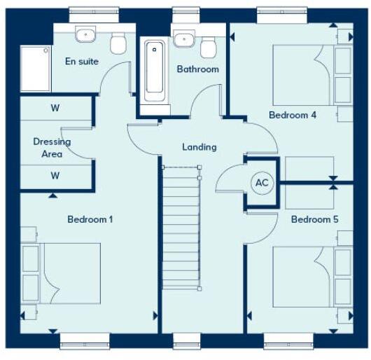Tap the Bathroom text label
pyautogui.click(x=197, y=69)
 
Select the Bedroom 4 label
pyautogui.click(x=293, y=115)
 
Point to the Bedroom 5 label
pyautogui.click(x=315, y=219)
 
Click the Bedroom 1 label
pyautogui.click(x=90, y=219)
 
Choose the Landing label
pyautogui.click(x=199, y=147)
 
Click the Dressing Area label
pyautogui.click(x=52, y=147)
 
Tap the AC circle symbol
pyautogui.click(x=262, y=183)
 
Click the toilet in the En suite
pyautogui.click(x=118, y=43)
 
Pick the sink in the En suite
pyautogui.click(x=86, y=34)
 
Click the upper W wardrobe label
pyautogui.click(x=55, y=109)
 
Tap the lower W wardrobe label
pyautogui.click(x=55, y=176)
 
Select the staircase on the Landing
pyautogui.click(x=181, y=228)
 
